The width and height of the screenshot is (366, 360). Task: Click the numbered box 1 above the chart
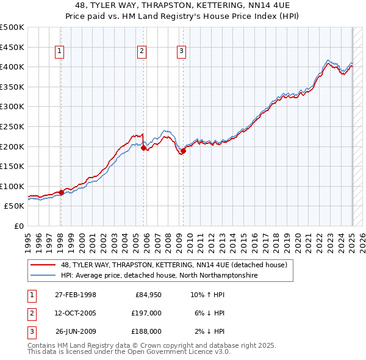[60, 52]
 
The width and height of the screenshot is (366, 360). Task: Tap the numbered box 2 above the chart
[142, 52]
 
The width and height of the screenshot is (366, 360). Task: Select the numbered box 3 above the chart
[182, 52]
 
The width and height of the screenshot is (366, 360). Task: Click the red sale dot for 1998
[61, 192]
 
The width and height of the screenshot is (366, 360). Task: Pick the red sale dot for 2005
[143, 148]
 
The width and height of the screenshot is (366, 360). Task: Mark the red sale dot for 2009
[183, 151]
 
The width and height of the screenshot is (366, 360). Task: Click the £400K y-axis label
[12, 67]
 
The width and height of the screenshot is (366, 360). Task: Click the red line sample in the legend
[44, 265]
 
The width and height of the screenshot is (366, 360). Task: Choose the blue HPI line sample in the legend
[44, 276]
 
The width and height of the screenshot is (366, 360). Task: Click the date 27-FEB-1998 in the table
[75, 295]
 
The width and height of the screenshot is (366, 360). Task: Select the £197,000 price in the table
[147, 313]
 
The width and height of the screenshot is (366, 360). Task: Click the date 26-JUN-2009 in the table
[76, 331]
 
